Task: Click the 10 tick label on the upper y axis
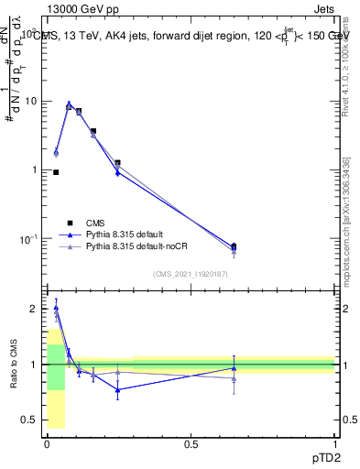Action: pyautogui.click(x=31, y=101)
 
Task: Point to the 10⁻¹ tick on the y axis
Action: pyautogui.click(x=28, y=239)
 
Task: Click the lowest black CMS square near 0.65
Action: pyautogui.click(x=234, y=245)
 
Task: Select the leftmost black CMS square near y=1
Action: pyautogui.click(x=56, y=172)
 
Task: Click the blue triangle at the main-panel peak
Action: pyautogui.click(x=69, y=104)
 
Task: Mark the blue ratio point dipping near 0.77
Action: pyautogui.click(x=117, y=389)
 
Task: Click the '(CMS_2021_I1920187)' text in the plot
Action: pyautogui.click(x=190, y=273)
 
